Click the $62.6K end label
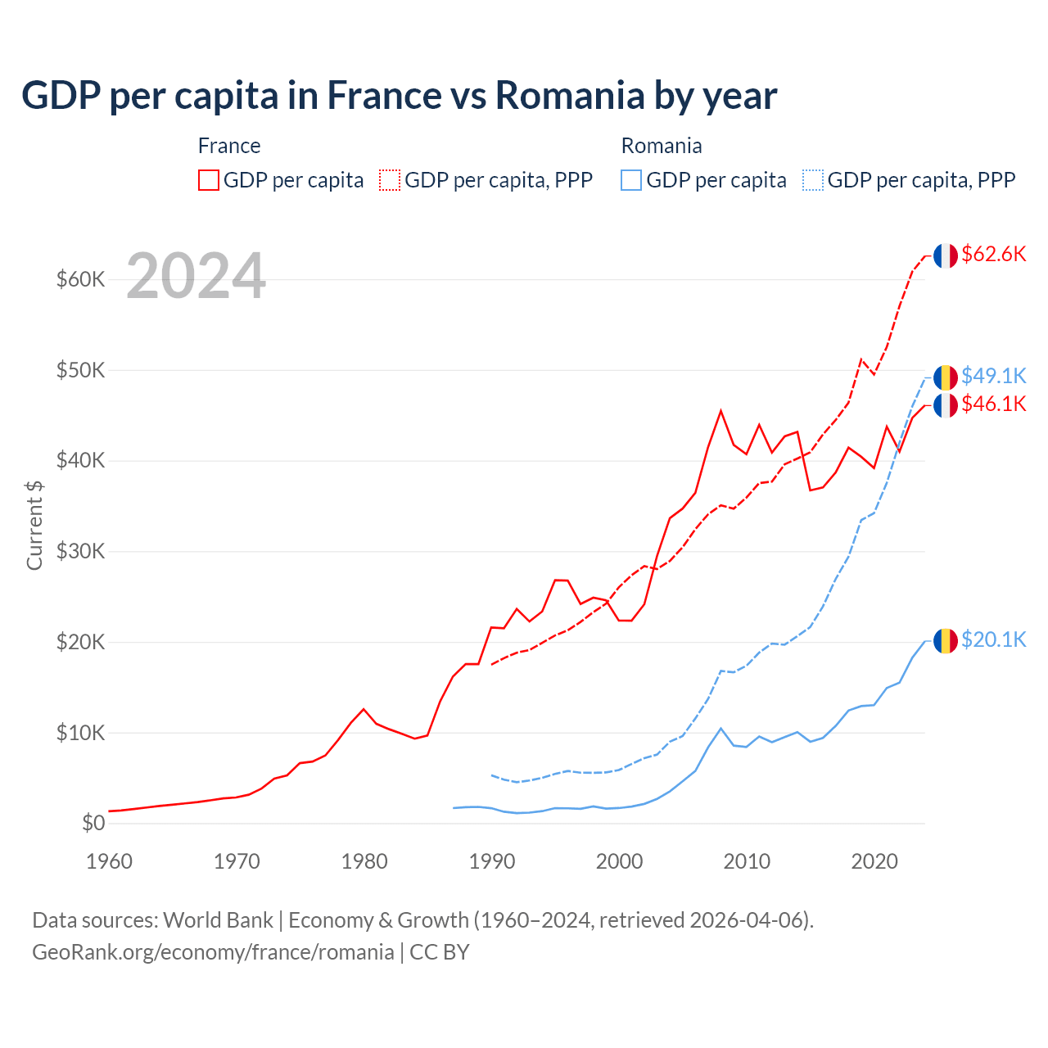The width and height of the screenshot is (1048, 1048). (x=993, y=255)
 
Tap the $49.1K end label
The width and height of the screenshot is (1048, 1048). (x=993, y=376)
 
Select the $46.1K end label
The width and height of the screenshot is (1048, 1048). (x=993, y=404)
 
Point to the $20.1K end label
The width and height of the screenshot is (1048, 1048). (x=993, y=639)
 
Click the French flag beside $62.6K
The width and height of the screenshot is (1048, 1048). (x=946, y=255)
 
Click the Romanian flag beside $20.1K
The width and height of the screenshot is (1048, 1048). (x=946, y=640)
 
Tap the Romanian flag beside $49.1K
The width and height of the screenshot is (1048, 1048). (x=946, y=377)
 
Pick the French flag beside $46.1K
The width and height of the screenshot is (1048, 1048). (x=946, y=405)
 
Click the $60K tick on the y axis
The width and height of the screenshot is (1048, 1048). (x=80, y=280)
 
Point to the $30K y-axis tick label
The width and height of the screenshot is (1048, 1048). (x=80, y=552)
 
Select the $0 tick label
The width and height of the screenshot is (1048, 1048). (x=93, y=824)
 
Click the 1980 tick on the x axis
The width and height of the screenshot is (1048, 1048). (x=364, y=861)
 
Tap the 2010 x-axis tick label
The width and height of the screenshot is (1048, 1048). (x=747, y=861)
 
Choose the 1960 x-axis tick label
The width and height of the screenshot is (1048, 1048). (x=110, y=861)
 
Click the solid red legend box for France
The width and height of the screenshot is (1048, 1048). (x=209, y=180)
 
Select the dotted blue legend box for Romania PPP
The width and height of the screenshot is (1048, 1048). (x=813, y=180)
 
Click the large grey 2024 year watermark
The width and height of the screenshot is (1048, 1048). (x=196, y=277)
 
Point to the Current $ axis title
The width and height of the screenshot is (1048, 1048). (x=34, y=526)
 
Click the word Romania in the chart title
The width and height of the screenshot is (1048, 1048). (x=570, y=96)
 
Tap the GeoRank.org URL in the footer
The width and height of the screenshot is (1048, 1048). (x=213, y=952)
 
